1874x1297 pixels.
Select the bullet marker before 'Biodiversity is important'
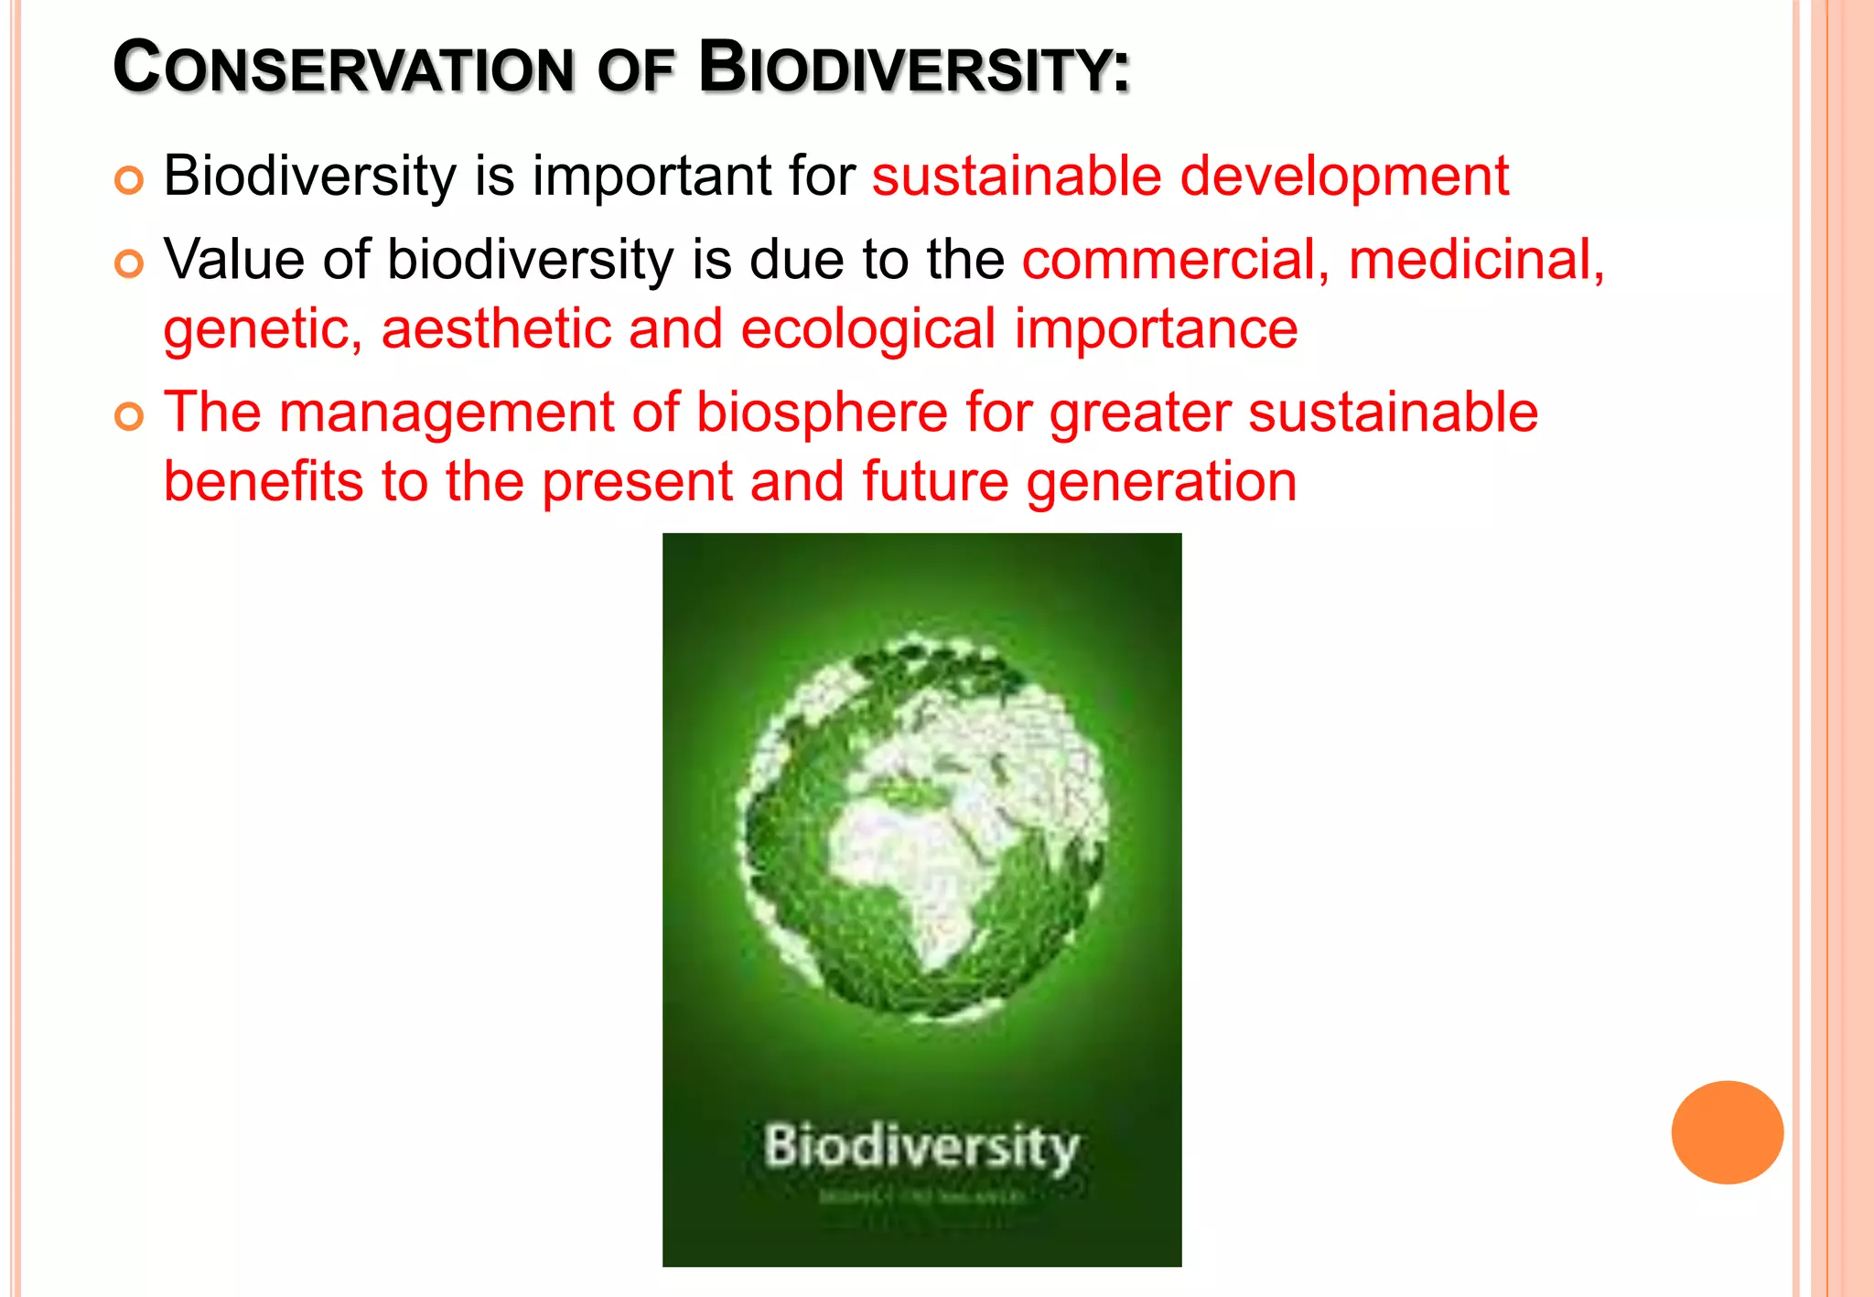pyautogui.click(x=129, y=180)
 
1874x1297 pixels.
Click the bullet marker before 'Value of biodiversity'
pyautogui.click(x=129, y=264)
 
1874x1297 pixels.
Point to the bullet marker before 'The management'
pyautogui.click(x=129, y=417)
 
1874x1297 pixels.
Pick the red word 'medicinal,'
pyautogui.click(x=1476, y=260)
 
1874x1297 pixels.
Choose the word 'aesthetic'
pyautogui.click(x=495, y=329)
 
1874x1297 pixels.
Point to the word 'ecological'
pyautogui.click(x=867, y=329)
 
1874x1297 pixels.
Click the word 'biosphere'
pyautogui.click(x=822, y=413)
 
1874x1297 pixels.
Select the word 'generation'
pyautogui.click(x=1160, y=482)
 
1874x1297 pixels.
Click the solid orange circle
pyautogui.click(x=1727, y=1132)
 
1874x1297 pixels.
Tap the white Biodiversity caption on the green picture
pyautogui.click(x=921, y=1146)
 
